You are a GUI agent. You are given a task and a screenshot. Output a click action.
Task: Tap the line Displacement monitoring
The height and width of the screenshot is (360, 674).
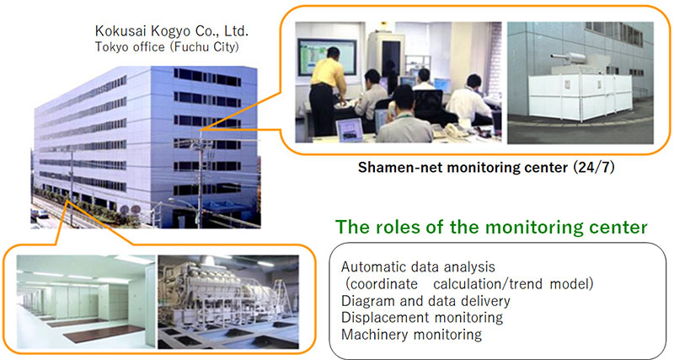421,318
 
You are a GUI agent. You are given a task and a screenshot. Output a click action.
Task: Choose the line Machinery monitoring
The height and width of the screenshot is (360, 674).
411,334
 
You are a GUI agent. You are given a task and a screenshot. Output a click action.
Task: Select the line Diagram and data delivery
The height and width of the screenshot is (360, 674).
426,302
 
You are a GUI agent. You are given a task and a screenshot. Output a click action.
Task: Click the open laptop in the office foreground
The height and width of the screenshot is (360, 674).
349,128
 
